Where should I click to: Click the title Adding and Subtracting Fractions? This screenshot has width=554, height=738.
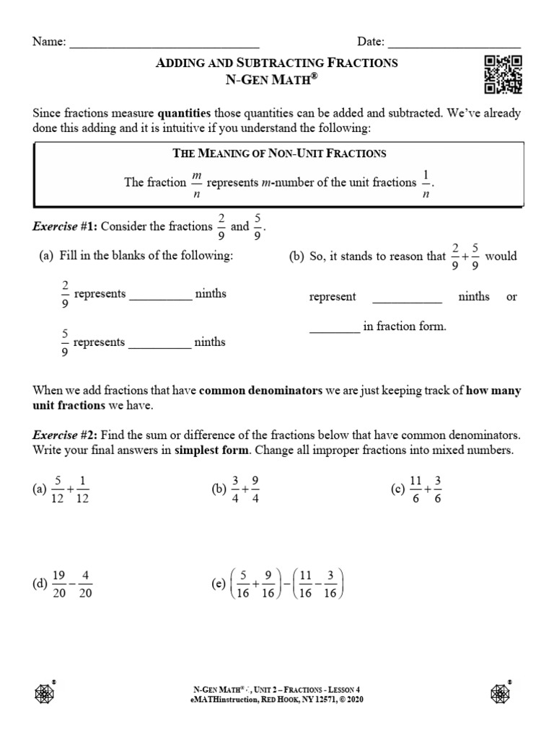277,63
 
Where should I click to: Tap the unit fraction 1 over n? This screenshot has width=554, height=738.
426,183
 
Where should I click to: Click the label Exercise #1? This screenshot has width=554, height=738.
64,226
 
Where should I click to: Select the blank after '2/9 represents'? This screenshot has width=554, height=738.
160,297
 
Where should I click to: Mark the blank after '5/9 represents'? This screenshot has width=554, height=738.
160,345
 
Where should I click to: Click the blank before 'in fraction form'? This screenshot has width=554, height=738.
335,330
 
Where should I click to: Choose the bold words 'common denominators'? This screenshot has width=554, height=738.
260,391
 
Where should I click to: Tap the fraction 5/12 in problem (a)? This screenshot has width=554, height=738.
58,490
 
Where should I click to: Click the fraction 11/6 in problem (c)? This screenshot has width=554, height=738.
413,490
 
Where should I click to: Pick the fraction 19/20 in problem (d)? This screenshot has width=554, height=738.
59,584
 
